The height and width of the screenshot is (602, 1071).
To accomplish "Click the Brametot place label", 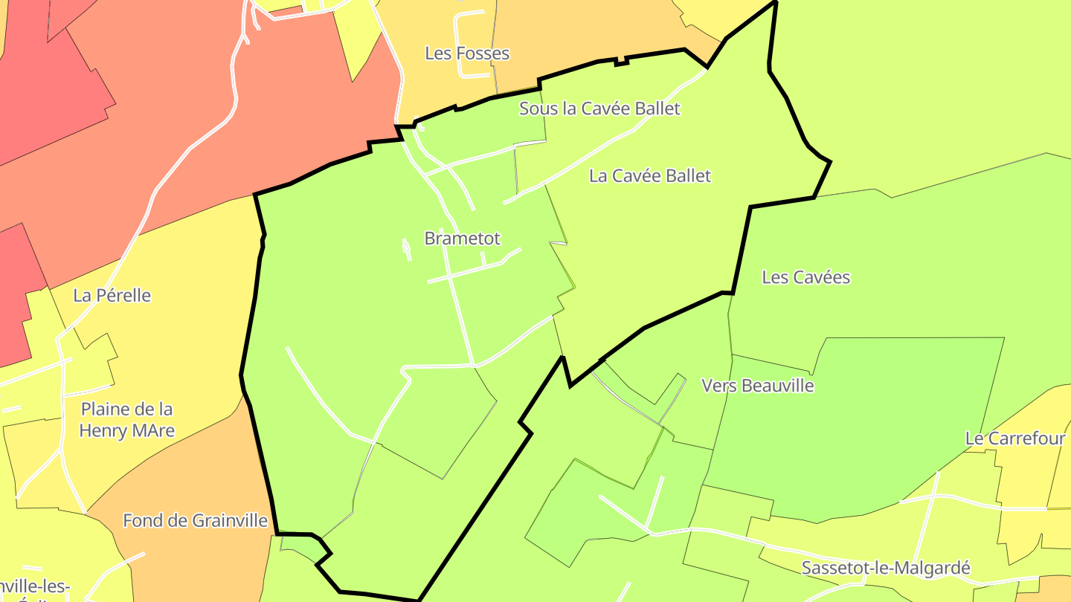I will coord(462,239).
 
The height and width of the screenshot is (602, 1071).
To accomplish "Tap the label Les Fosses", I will coord(467,54).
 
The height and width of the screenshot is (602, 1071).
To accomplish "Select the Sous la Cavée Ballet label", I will coord(599,109).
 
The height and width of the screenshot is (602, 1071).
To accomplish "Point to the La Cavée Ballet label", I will coord(650,176).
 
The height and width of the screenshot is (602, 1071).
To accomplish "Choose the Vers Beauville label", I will coord(758,386).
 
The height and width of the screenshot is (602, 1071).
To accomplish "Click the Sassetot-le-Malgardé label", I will coord(886,569).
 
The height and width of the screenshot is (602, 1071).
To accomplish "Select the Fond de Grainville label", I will coord(195,520).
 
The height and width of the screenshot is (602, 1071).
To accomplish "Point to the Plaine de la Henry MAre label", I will coord(126,420).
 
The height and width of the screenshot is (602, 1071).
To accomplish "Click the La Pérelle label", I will coord(112,296).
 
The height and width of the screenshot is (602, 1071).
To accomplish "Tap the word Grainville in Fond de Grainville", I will coord(229,520).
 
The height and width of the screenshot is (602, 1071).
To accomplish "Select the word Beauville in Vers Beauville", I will coord(776,386).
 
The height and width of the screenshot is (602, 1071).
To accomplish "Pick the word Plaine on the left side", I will coord(107,410).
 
